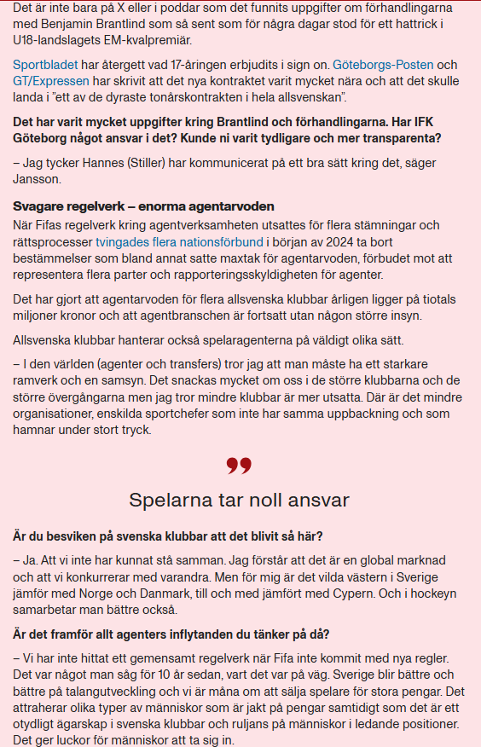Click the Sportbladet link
(45, 65)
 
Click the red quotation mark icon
(240, 466)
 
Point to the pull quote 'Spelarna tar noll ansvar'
(240, 500)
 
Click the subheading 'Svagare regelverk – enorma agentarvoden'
(142, 207)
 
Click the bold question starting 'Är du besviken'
(173, 536)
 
